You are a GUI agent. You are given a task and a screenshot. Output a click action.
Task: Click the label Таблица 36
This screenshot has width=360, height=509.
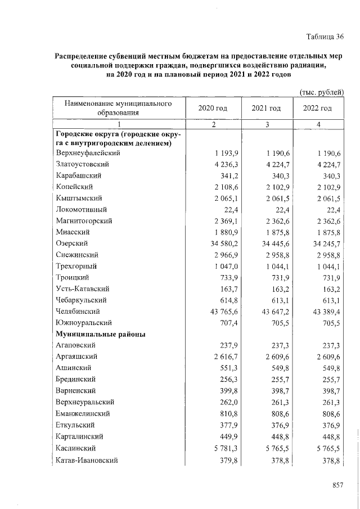[325, 37]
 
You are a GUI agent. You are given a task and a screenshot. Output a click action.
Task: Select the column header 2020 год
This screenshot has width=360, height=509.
[213, 108]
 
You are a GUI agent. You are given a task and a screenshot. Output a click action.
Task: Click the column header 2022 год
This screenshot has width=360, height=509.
[317, 108]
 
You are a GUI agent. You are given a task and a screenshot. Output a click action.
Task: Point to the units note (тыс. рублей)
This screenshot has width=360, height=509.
[320, 92]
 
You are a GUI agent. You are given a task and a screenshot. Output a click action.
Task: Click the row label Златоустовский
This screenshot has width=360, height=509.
[82, 164]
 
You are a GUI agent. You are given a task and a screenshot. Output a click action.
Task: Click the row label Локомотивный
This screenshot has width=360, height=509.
[81, 209]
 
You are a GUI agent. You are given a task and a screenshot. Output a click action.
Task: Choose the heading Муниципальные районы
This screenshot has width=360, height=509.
[100, 334]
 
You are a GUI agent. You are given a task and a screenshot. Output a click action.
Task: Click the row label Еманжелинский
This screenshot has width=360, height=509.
[83, 413]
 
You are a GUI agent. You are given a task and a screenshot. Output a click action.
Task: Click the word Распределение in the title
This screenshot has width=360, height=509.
[83, 56]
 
